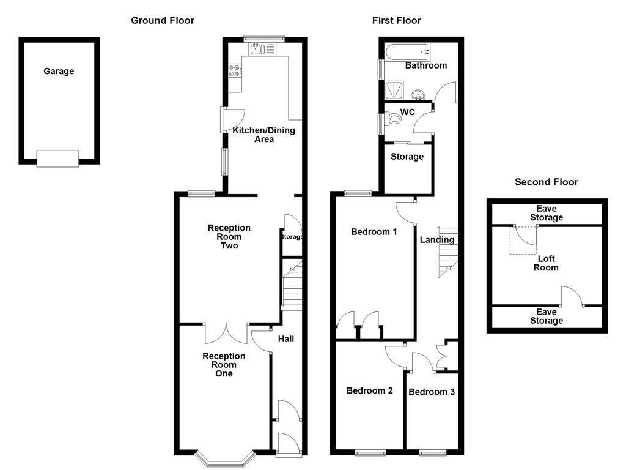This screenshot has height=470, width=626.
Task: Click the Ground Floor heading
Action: coord(163,21)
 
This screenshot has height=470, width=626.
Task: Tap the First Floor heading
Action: coord(396,21)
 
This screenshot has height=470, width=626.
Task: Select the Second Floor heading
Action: coord(546,182)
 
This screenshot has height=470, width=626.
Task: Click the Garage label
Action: coord(59,72)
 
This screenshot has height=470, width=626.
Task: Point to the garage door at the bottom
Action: coord(57,159)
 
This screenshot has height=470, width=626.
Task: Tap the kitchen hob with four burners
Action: coord(235,71)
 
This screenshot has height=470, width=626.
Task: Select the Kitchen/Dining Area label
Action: coord(263,135)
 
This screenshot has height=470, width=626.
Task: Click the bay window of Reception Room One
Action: coord(224,456)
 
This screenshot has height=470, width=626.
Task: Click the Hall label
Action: coord(286,339)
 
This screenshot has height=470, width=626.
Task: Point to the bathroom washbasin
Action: coord(418,95)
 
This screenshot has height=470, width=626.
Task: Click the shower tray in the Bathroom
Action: coord(394,90)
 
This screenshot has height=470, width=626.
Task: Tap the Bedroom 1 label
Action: coord(374,232)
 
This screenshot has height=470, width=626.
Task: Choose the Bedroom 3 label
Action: coord(432,392)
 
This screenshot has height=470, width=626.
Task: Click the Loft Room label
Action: coord(546,263)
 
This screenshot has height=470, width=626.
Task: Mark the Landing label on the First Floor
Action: coord(436,240)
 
